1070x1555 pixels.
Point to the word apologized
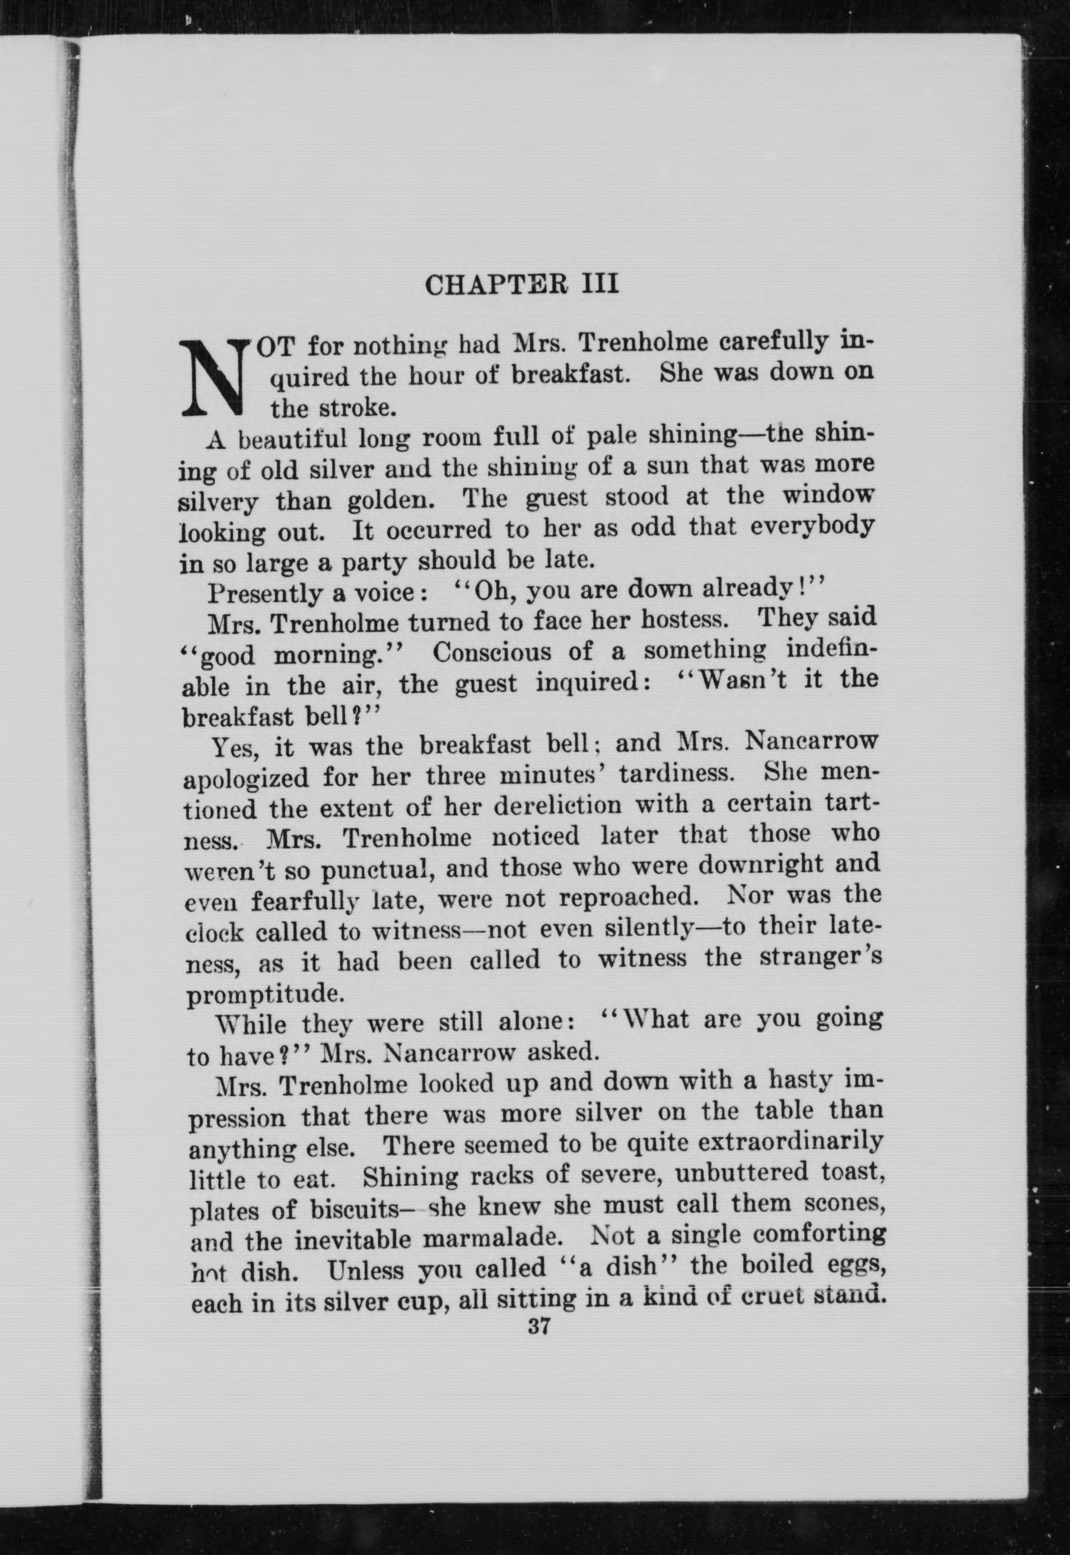click(246, 779)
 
